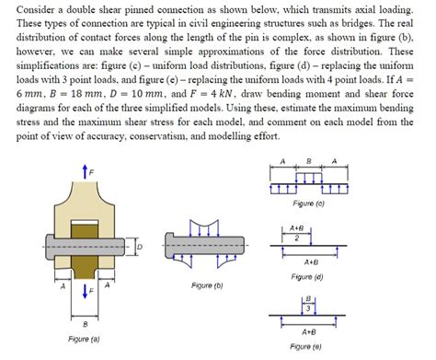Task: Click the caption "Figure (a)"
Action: coord(84,339)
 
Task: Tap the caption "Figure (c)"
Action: coord(303,203)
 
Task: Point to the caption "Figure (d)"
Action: coord(305,275)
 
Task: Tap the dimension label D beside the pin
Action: coord(141,247)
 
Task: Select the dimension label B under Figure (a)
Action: coord(86,324)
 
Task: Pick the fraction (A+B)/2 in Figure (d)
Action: coord(296,231)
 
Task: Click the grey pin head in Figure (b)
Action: coord(173,245)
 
